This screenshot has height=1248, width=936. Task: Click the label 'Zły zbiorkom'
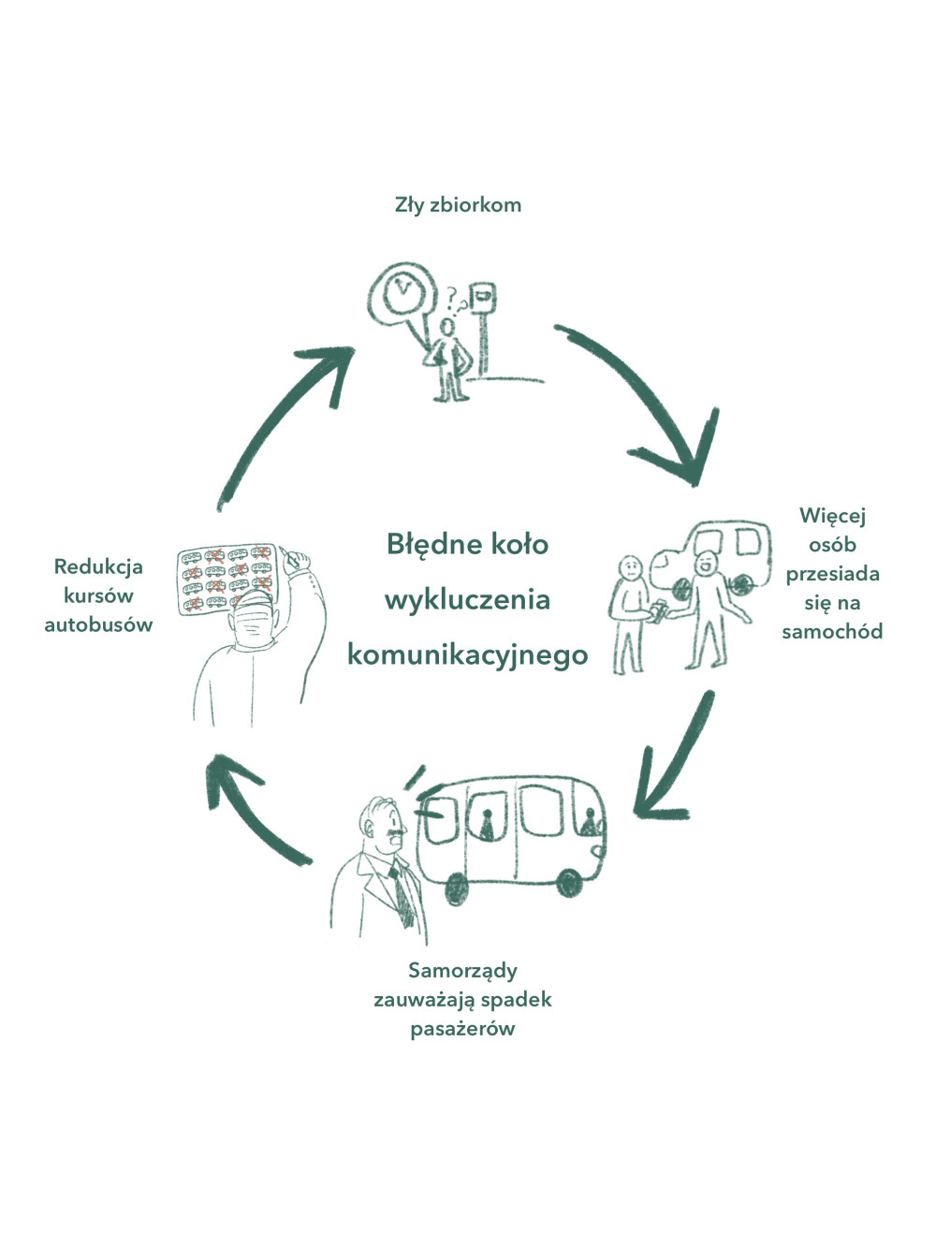click(x=458, y=205)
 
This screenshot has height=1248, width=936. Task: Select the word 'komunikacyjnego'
click(x=467, y=653)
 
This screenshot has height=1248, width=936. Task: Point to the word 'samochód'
click(x=832, y=631)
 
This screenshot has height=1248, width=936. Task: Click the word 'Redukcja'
click(x=98, y=566)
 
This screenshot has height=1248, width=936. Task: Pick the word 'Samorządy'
click(x=462, y=970)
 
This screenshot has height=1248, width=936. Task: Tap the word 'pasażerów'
click(x=462, y=1028)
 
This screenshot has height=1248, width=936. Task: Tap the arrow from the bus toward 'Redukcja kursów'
click(x=253, y=805)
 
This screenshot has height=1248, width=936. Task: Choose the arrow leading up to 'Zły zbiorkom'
click(x=281, y=421)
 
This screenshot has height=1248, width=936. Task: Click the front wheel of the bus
click(x=569, y=882)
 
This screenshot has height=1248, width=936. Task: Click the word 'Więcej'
click(x=832, y=515)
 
